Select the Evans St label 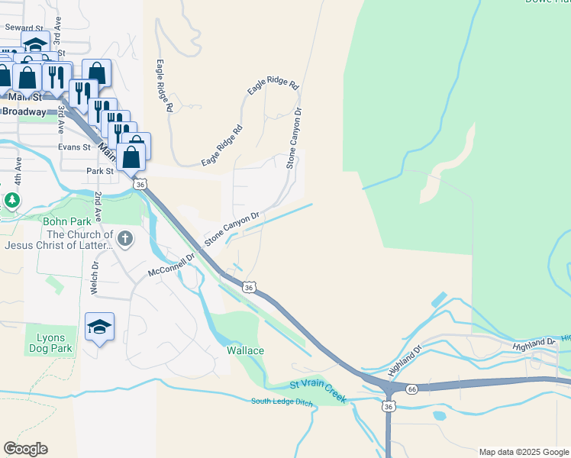74,147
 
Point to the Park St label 99,172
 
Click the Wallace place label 245,350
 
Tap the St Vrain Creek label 318,392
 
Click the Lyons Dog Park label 50,343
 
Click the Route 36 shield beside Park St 139,184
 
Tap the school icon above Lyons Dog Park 99,327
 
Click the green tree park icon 11,200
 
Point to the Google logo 25,449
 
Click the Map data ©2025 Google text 523,452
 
